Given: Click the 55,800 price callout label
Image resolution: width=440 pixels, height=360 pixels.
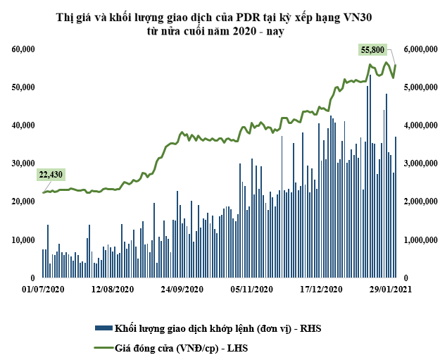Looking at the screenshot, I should coord(372,50).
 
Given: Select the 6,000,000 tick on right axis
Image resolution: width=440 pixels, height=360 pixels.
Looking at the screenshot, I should coord(420,49).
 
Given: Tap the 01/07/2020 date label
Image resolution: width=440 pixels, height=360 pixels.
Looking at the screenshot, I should coord(44,290).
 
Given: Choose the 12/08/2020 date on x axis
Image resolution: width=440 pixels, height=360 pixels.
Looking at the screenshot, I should coord(113,290).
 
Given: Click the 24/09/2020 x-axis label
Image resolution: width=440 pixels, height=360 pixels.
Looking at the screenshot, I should coord(182,290).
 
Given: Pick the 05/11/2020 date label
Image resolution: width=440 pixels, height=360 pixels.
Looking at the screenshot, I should coord(252,290).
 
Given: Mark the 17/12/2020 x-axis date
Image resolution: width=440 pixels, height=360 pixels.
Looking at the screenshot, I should coord(321,290).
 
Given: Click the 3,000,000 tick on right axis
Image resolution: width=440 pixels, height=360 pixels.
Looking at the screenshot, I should coord(420,163).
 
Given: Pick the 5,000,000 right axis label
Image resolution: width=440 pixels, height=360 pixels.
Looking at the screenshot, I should coord(420,87).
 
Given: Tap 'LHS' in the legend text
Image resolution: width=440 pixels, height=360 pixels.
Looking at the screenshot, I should coord(237,348).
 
